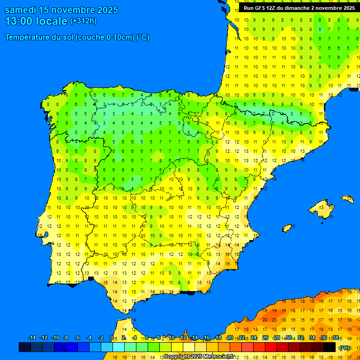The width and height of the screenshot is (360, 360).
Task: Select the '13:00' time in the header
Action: coord(19,21)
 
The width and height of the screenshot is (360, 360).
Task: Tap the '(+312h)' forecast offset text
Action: coord(83,21)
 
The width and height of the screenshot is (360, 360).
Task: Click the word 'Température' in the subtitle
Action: coord(29,37)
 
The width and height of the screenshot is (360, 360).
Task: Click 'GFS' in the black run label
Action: coord(261,8)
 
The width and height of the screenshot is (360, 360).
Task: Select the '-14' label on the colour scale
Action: coord(32,338)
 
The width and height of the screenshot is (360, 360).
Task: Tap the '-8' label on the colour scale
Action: coord(66,338)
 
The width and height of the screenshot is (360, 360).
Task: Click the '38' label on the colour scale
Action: coord(335,338)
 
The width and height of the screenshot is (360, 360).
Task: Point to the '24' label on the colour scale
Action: coord(253,338)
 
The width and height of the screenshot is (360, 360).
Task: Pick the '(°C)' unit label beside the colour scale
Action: coord(345,348)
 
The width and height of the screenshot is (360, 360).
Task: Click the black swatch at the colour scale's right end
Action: coord(330,347)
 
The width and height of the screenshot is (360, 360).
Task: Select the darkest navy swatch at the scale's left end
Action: coord(25,347)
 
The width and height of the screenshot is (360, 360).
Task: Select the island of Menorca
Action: coord(347,199)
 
